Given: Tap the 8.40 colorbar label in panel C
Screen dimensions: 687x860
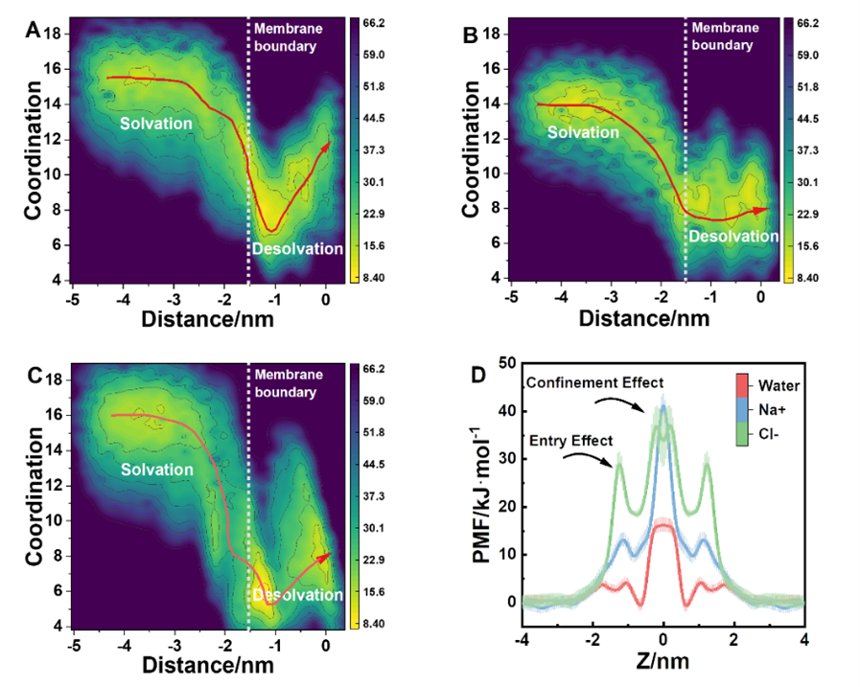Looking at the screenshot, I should click(368, 625).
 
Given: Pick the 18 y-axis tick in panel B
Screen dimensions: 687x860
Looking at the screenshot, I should click(495, 34).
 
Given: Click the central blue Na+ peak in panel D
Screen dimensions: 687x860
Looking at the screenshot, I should click(662, 406).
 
